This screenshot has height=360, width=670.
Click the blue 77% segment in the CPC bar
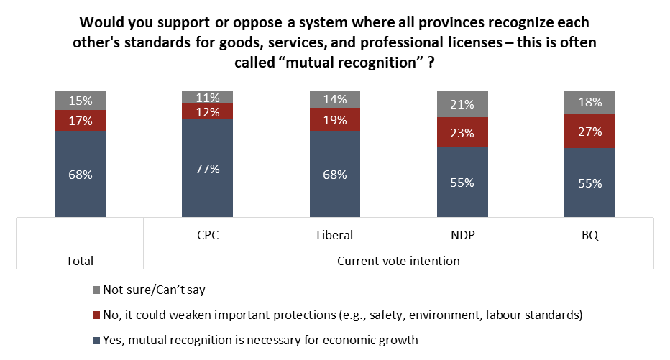click(207, 168)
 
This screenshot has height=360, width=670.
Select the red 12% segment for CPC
click(207, 111)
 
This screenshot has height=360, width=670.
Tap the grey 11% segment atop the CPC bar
click(207, 97)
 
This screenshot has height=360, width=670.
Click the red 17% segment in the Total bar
click(80, 121)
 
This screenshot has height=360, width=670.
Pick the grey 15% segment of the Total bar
click(80, 101)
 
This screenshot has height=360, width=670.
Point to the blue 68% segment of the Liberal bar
click(334, 175)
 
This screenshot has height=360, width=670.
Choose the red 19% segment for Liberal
click(334, 120)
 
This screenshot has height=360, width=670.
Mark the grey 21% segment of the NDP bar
click(462, 104)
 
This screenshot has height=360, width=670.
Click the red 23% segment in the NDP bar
click(462, 132)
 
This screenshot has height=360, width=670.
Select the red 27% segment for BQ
click(589, 131)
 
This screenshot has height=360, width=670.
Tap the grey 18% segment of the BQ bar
click(589, 102)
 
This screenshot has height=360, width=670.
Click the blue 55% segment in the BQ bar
click(589, 183)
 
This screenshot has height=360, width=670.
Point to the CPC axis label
click(207, 234)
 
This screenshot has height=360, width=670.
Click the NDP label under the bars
click(462, 234)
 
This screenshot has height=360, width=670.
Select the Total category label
click(80, 261)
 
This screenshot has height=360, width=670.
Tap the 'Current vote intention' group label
click(398, 261)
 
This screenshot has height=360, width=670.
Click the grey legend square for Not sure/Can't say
click(96, 289)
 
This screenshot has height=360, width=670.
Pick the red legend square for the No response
click(96, 314)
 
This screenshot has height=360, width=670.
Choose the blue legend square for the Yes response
click(96, 340)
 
